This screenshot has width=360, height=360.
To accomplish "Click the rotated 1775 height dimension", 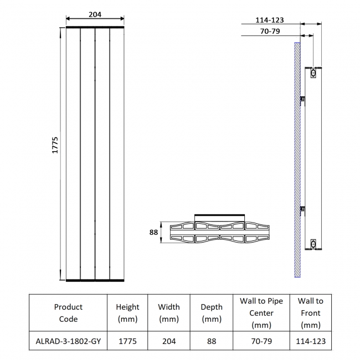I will coord(55,145).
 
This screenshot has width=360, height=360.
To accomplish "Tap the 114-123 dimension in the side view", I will coord(270,20).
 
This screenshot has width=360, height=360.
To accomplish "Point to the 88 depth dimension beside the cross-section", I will coord(153,233).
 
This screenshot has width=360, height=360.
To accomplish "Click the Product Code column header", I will coord(68,313).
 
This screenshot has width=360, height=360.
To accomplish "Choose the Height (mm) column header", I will coord(127,313).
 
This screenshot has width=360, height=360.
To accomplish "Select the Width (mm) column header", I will coord(169,313).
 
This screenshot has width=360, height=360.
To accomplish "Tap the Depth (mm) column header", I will coord(211,313).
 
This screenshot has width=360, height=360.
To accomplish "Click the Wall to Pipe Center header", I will coord(261,313).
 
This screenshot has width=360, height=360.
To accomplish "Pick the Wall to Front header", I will coord(310,313).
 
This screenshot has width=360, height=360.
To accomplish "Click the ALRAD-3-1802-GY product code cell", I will coord(68,342).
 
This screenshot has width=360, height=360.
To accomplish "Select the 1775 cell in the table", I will coord(127,342).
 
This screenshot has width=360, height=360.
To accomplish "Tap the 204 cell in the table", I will coord(169,342).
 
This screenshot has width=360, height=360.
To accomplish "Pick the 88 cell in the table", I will coord(211,342).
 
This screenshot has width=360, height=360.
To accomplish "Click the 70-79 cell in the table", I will coord(261,342).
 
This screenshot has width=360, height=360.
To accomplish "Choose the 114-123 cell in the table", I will coord(310,342).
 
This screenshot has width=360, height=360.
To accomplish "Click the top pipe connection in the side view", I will coord(313,73).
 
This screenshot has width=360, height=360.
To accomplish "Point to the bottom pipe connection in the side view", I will coord(313,243).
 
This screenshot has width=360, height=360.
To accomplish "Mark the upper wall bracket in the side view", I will coord(302,99).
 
